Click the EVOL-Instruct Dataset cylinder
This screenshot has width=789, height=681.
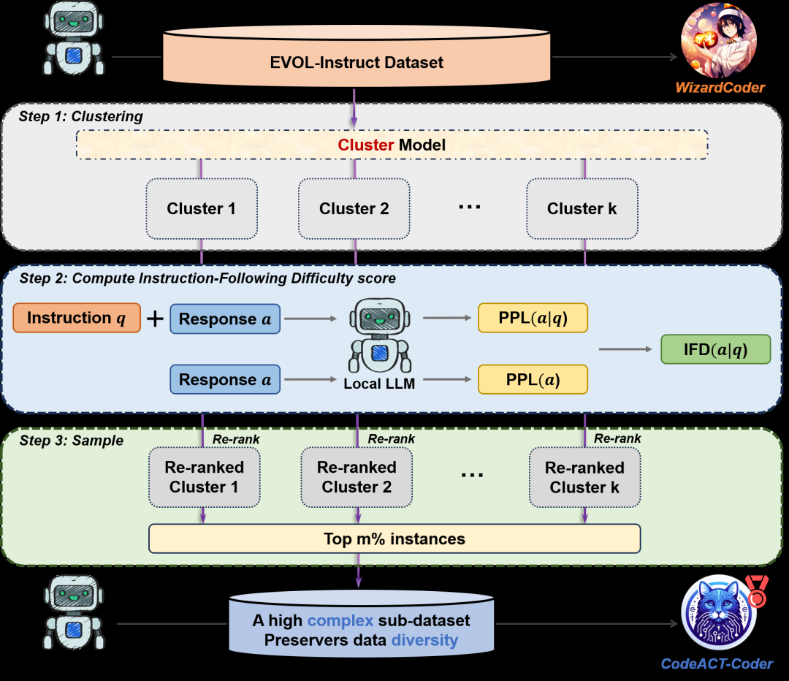[356, 63]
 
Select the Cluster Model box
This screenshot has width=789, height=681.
[392, 145]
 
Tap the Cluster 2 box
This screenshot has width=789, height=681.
[354, 209]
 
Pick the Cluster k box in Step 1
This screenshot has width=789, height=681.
[582, 209]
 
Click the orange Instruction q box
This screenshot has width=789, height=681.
[77, 318]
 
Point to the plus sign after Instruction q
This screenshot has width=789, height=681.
[155, 319]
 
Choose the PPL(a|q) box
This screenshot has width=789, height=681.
[533, 318]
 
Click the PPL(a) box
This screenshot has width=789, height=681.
[533, 380]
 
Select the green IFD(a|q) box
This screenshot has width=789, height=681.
[715, 349]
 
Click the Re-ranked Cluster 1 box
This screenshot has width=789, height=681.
[204, 477]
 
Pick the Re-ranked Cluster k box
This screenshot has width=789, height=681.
[584, 477]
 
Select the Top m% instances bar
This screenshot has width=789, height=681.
[394, 539]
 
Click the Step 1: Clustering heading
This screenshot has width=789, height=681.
[81, 116]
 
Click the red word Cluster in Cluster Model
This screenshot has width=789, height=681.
[366, 145]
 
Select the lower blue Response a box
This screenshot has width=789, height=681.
[225, 380]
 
